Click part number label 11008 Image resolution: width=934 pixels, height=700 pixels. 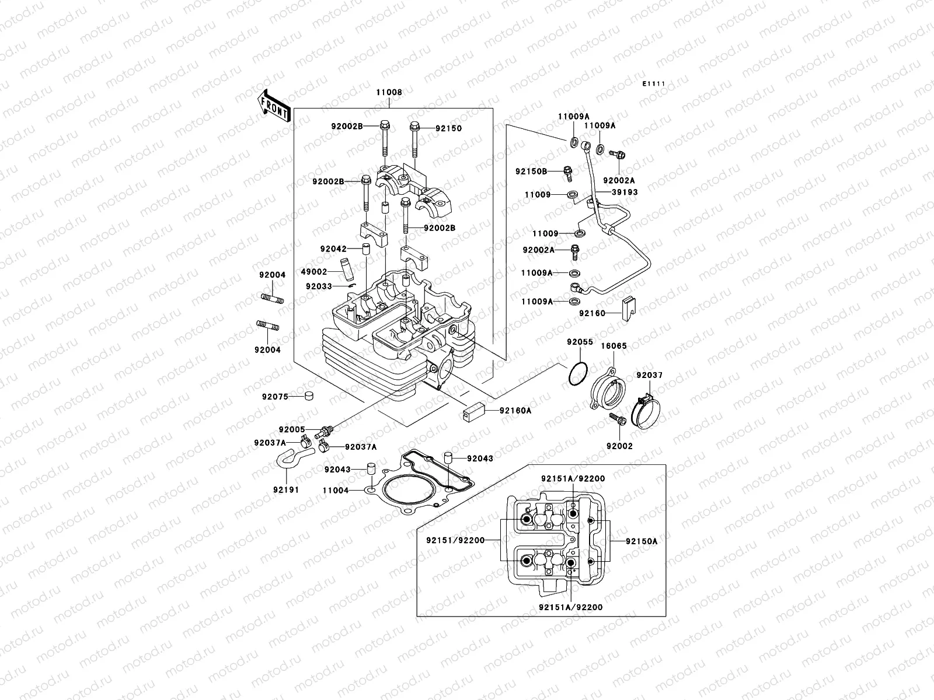[x=389, y=92]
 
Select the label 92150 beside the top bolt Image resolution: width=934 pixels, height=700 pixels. [x=448, y=128]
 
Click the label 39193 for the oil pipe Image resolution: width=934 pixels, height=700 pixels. [x=625, y=192]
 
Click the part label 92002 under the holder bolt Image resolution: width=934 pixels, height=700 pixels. [x=619, y=446]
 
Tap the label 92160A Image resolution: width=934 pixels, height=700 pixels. [x=515, y=411]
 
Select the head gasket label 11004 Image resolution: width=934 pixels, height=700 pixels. [x=336, y=491]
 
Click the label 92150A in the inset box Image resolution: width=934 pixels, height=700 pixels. [x=641, y=541]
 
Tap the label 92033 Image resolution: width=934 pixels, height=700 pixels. [x=318, y=286]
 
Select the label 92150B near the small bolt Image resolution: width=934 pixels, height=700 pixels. [x=531, y=171]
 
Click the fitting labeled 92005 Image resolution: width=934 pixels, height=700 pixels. [x=321, y=433]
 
